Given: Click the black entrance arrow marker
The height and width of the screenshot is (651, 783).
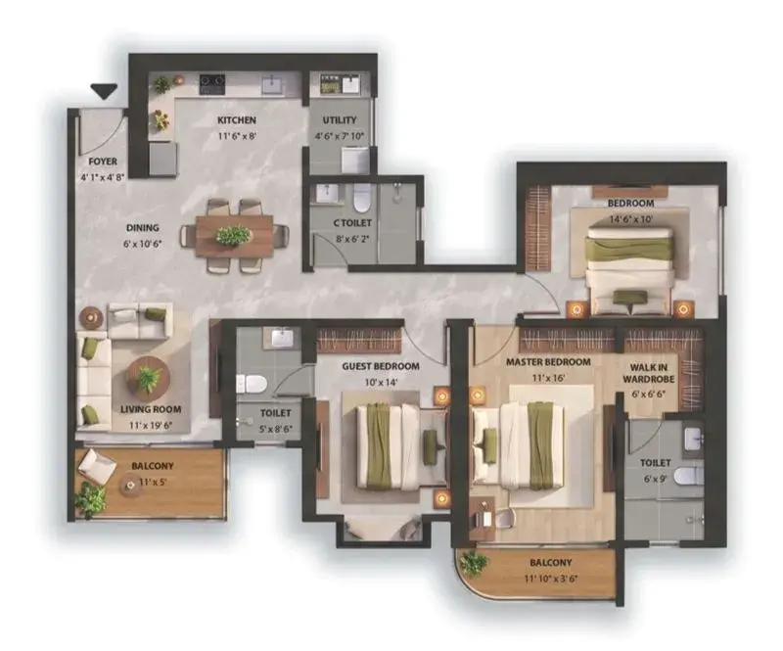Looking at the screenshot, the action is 104,91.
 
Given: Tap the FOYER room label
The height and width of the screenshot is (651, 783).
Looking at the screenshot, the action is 103,162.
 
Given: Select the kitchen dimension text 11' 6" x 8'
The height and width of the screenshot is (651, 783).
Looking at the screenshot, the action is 237,136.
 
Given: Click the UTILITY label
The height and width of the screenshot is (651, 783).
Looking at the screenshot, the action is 340,119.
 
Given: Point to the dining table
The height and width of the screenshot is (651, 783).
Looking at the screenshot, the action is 234,236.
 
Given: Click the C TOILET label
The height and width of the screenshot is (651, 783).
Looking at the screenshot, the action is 352,223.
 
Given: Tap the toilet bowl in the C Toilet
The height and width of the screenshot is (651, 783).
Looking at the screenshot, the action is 361,198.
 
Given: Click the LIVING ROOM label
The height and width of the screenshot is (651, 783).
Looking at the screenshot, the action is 151,409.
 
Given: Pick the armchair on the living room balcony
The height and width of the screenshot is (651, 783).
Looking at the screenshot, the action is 96,467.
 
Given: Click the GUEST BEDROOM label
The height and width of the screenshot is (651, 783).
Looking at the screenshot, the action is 381,366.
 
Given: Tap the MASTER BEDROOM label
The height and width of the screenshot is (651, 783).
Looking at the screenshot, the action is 548,362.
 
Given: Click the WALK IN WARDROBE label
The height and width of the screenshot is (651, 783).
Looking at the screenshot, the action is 648,373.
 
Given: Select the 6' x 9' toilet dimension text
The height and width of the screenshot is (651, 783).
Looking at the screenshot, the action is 655,479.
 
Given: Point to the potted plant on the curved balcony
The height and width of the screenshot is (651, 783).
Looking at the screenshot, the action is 473,564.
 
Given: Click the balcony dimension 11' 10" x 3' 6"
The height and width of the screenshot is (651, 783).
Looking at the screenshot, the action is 551,580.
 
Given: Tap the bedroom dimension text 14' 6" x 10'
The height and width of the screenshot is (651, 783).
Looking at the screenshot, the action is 630,219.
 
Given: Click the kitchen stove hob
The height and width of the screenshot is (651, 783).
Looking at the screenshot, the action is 212,84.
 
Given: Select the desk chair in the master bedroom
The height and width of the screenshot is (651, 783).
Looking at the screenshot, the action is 505,518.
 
